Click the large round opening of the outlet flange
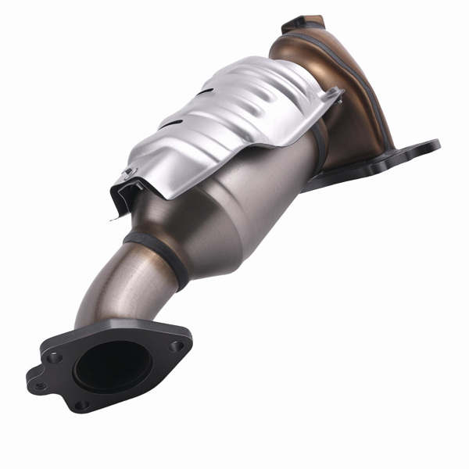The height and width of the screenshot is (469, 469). (x=111, y=363)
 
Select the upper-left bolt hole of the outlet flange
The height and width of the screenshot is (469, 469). (x=54, y=356)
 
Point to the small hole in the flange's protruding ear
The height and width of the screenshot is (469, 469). (x=38, y=385)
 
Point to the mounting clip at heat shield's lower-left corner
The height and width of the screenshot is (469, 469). (x=127, y=173)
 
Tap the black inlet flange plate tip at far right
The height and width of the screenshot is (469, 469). (x=428, y=145)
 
